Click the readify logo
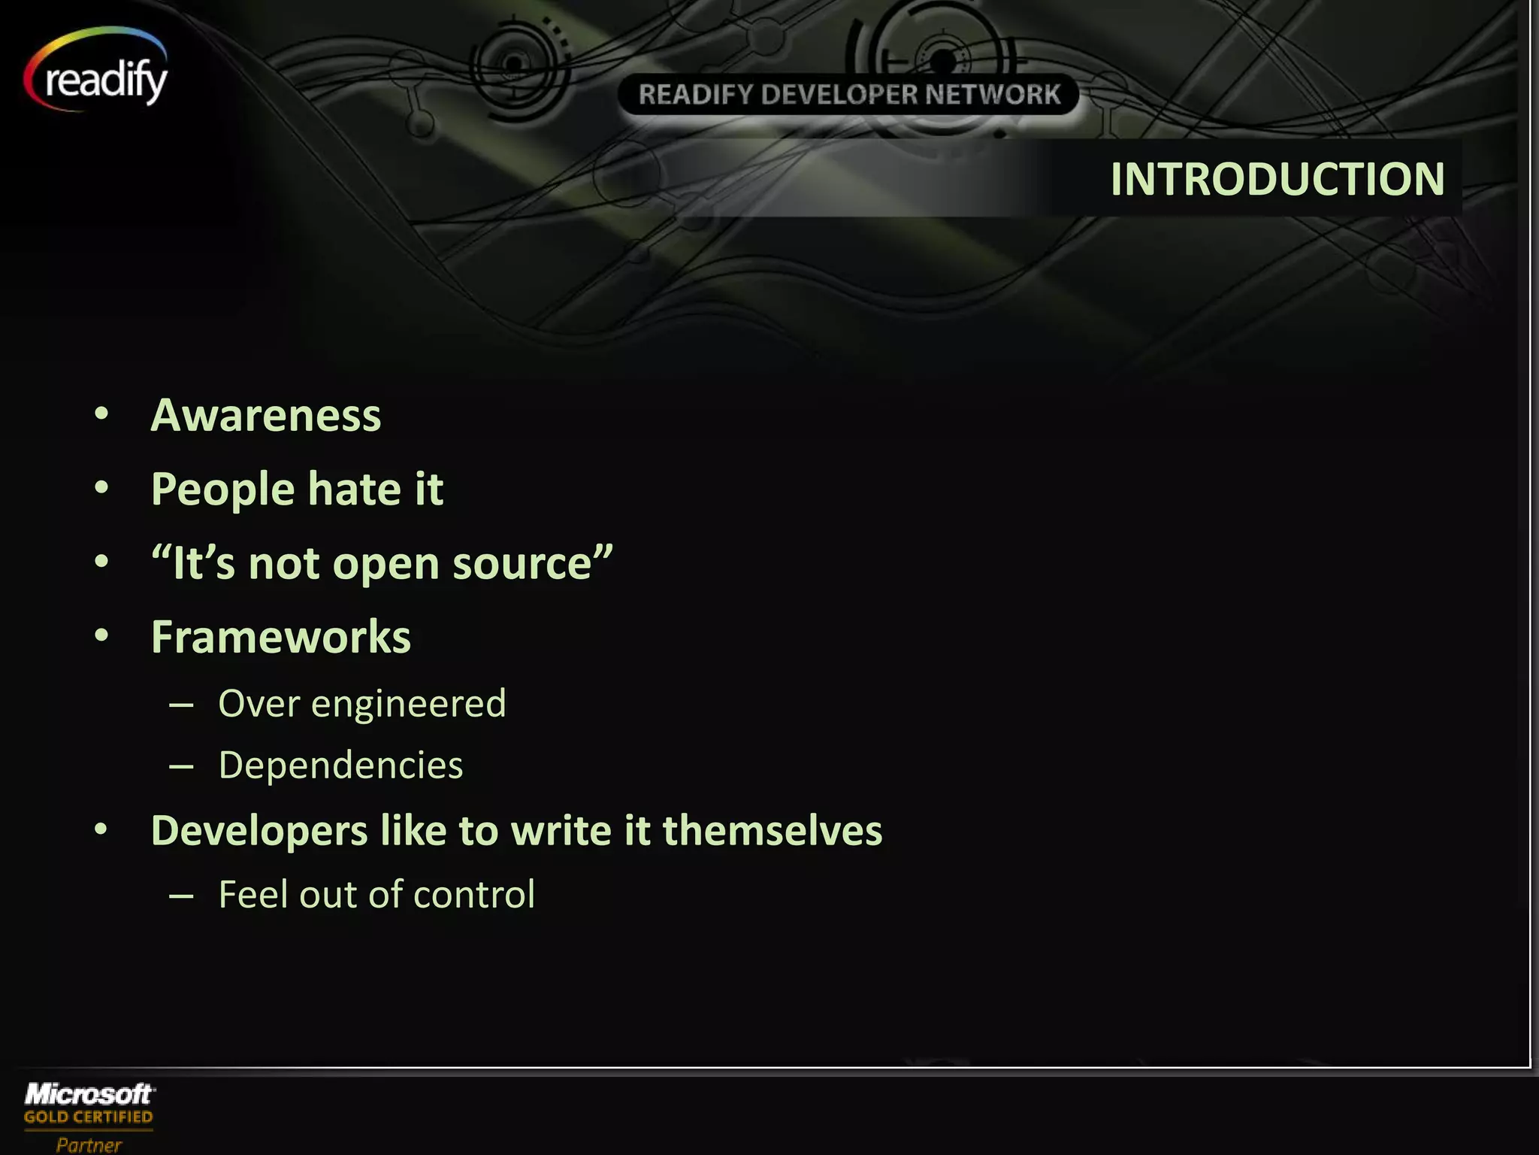click(x=98, y=75)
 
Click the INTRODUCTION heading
click(x=1277, y=179)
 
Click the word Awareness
click(x=266, y=415)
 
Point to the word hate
click(x=353, y=490)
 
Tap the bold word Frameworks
click(x=281, y=638)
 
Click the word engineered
click(x=408, y=705)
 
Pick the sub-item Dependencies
click(x=340, y=765)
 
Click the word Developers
click(x=259, y=832)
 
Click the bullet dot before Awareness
click(x=101, y=414)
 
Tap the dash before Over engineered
click(x=182, y=705)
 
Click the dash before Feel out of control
click(x=182, y=896)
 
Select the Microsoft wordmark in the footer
click(x=89, y=1094)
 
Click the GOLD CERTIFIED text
click(x=88, y=1117)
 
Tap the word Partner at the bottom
click(x=88, y=1144)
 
